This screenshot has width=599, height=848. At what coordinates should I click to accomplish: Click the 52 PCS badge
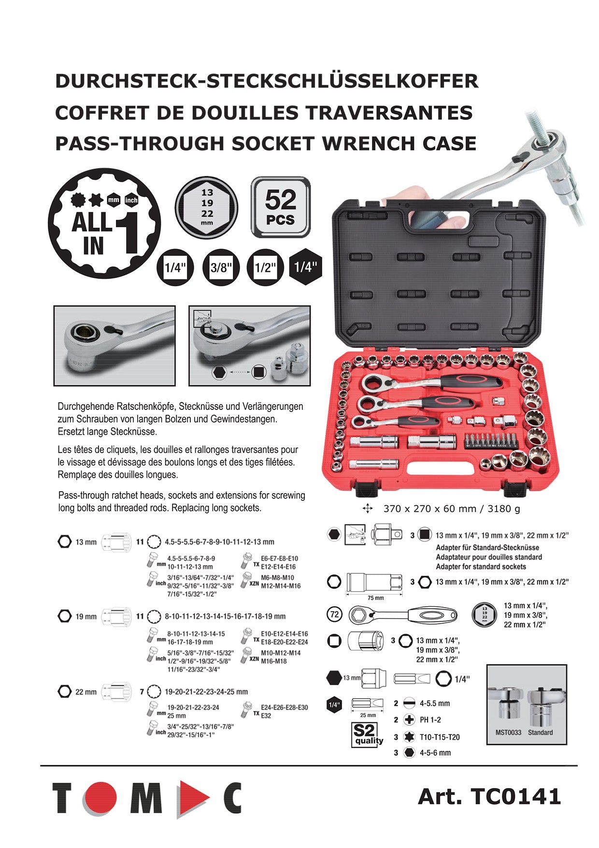[x=281, y=207]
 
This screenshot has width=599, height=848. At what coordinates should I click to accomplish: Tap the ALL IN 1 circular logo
[x=105, y=223]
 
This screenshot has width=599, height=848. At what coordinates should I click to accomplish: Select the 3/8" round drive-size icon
[x=221, y=267]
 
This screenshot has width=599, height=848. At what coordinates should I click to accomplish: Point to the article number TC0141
[x=489, y=796]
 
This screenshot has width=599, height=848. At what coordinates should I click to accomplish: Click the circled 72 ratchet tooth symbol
[x=334, y=615]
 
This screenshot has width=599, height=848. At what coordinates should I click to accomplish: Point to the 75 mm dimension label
[x=375, y=598]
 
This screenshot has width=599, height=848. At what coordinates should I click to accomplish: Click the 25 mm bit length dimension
[x=368, y=715]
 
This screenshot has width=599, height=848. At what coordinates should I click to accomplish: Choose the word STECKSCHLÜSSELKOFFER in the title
[x=342, y=81]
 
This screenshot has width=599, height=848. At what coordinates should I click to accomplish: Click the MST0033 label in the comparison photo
[x=508, y=732]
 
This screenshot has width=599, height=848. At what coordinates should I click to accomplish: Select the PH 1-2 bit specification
[x=430, y=720]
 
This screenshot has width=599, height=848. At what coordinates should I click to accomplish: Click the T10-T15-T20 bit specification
[x=439, y=737]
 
